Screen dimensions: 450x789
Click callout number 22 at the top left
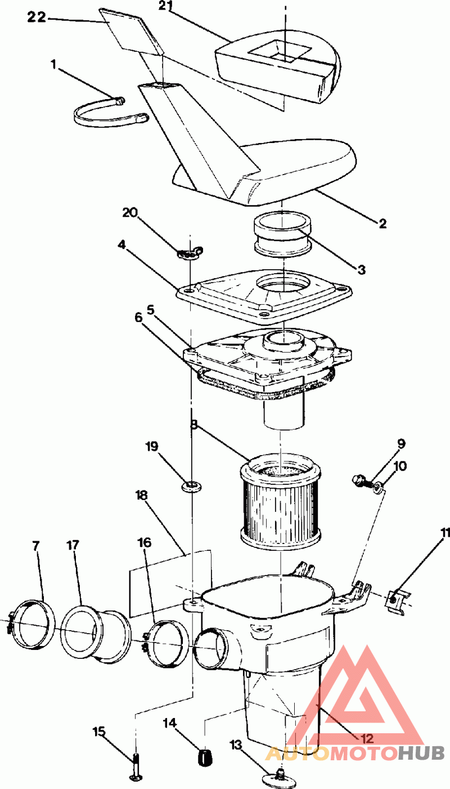(37, 17)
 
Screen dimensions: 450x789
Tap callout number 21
(167, 6)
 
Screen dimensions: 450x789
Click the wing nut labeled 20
(190, 252)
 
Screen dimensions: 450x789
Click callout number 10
(400, 466)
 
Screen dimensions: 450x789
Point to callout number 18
(141, 496)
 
